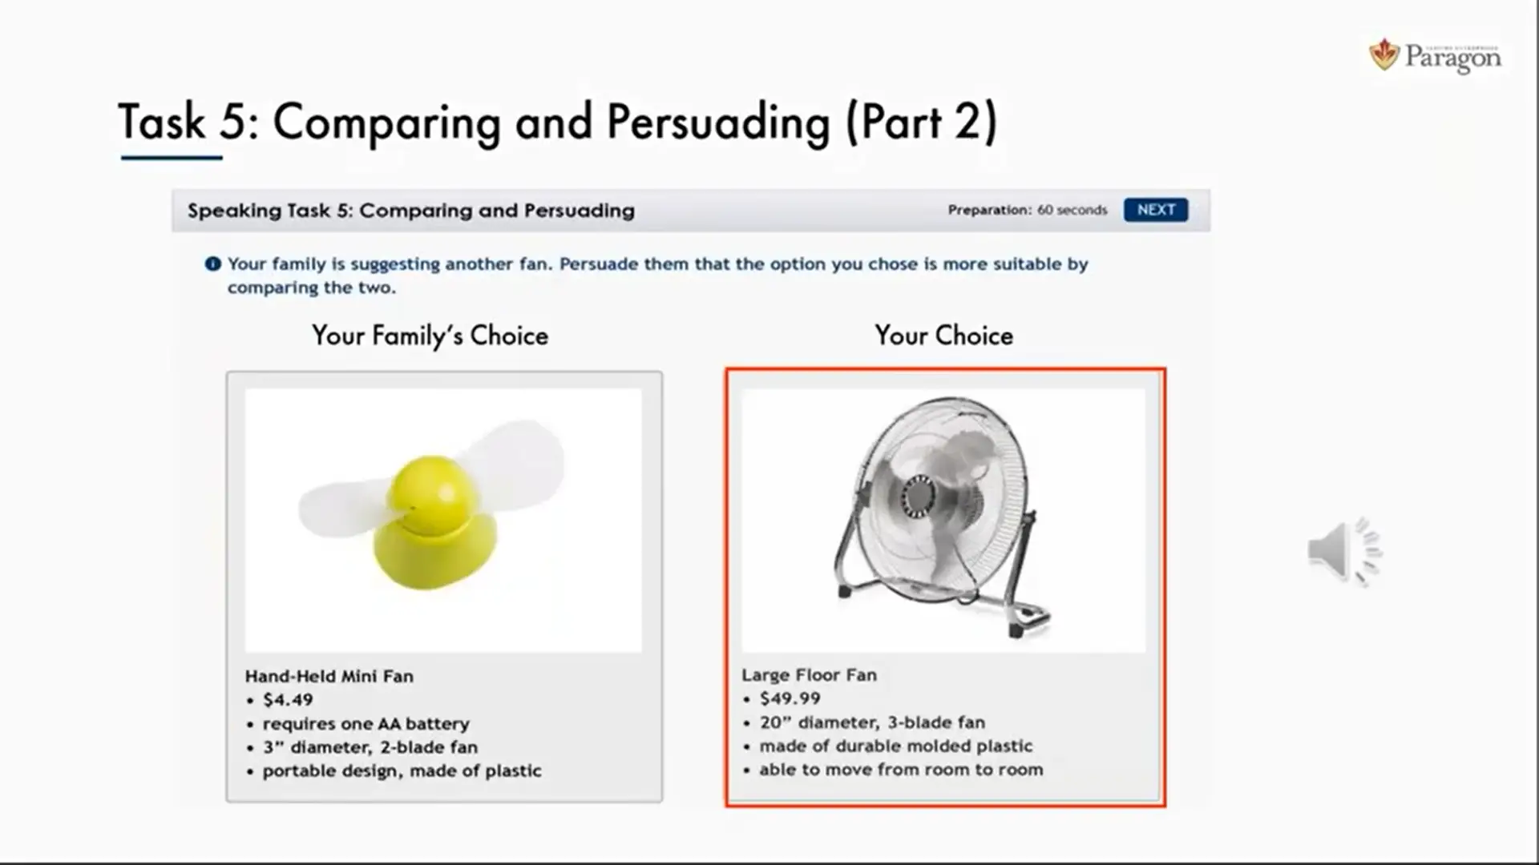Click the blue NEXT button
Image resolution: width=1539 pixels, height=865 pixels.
coord(1156,210)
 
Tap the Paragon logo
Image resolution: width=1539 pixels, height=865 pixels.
coord(1435,56)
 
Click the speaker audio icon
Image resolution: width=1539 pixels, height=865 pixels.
coord(1345,552)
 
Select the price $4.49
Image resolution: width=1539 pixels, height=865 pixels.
coord(288,700)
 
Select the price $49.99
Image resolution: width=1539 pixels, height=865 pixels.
coord(790,698)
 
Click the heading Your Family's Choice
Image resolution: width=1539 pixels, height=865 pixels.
coord(430,336)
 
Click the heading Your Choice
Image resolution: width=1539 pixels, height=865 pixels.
coord(943,336)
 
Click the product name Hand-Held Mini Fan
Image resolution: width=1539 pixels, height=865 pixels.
coord(329,676)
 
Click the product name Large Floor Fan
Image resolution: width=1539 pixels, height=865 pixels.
coord(809,675)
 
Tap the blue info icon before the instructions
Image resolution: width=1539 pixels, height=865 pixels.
coord(212,264)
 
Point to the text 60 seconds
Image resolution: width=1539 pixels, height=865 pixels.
coord(1072,210)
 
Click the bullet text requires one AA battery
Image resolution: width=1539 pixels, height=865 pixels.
coord(366,724)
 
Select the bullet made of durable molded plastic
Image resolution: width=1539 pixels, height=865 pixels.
coord(896,746)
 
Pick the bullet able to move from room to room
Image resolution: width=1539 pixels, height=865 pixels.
coord(902,770)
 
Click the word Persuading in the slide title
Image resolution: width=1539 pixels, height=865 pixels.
coord(718,123)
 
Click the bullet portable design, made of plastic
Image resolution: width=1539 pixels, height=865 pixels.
coord(402,771)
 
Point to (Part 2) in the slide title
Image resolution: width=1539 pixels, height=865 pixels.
coord(922,123)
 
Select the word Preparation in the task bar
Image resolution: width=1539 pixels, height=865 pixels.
coord(989,210)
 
